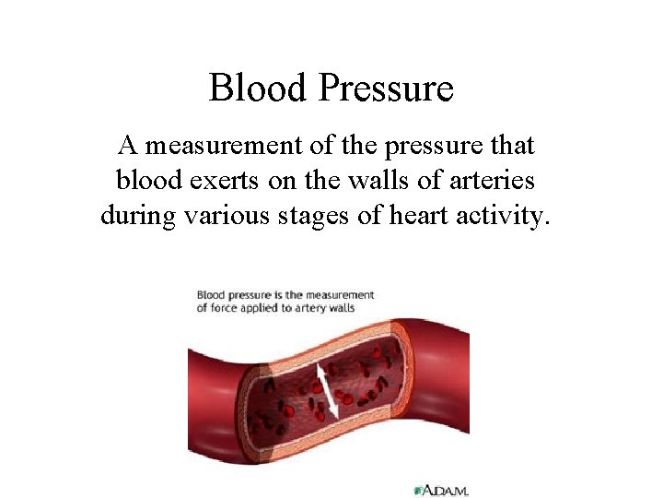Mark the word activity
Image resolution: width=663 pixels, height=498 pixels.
tap(504, 216)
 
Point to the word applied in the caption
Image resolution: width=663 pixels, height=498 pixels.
tap(263, 307)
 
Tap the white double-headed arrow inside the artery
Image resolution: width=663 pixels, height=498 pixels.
tap(325, 392)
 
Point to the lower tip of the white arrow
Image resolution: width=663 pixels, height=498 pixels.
tap(335, 420)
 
